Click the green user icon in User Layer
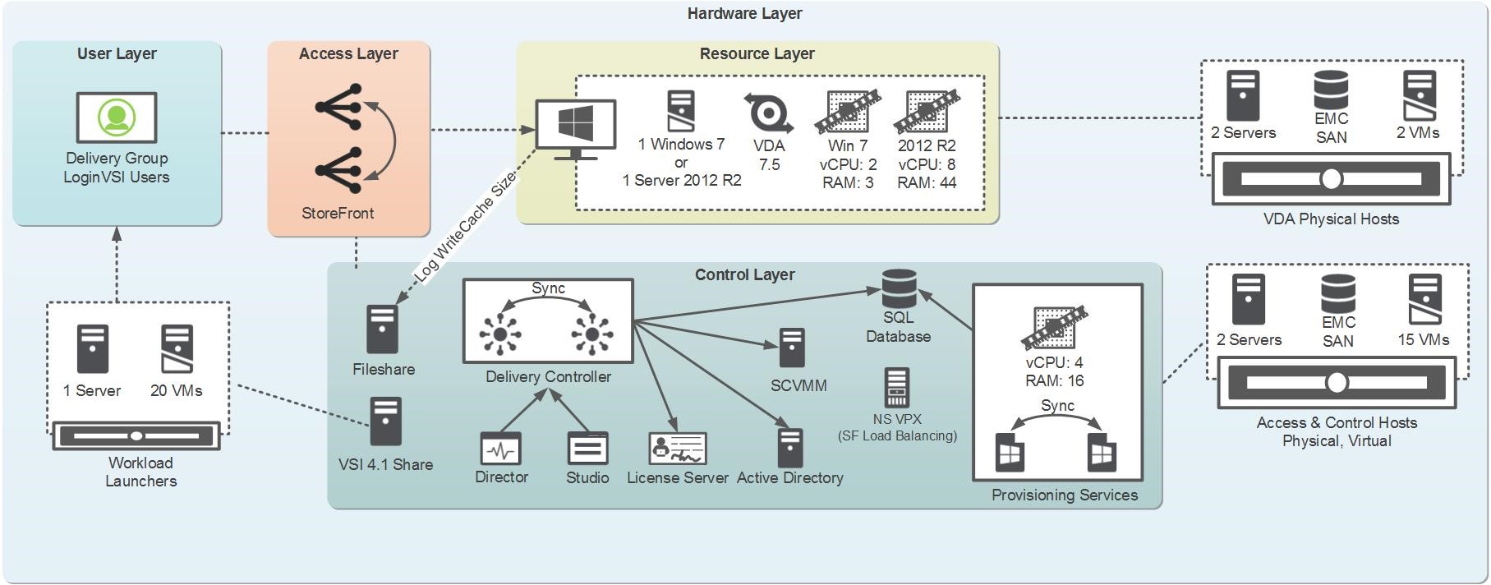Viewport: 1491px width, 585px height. pos(117,117)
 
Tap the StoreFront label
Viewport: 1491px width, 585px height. pos(338,213)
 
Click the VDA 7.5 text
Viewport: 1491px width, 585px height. pos(769,154)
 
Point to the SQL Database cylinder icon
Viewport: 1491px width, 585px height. pos(899,288)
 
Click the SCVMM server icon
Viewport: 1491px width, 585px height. pos(792,348)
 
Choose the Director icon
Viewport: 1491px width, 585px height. pos(500,449)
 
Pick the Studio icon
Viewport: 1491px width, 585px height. pos(587,449)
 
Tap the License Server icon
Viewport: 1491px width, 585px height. pos(677,449)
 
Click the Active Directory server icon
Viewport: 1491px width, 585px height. pos(790,448)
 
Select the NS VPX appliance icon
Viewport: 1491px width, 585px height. pos(896,388)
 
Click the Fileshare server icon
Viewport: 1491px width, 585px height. pos(382,329)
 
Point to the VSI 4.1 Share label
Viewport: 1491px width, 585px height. pos(385,464)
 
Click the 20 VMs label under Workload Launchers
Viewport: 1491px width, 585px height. pos(176,390)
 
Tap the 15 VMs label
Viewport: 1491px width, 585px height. pos(1423,339)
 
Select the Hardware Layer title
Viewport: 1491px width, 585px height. pos(744,13)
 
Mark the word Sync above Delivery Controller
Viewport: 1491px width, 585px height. pos(548,288)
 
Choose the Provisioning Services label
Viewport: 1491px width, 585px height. pos(1064,495)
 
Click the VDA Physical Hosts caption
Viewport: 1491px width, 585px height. pos(1331,219)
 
